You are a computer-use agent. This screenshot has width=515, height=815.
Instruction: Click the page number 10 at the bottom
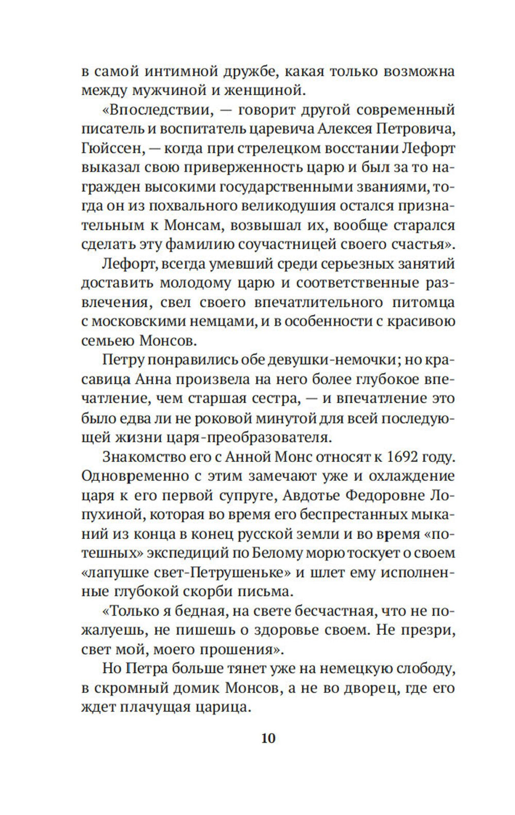point(268,738)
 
